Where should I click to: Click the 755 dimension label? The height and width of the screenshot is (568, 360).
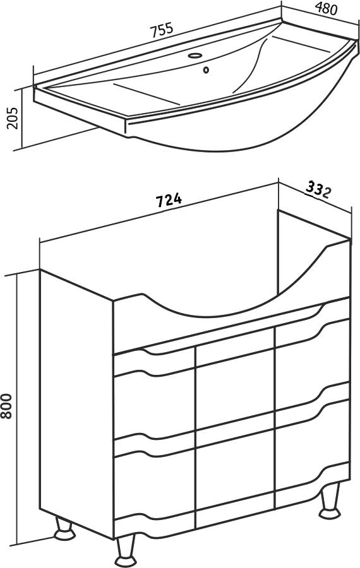pyautogui.click(x=162, y=30)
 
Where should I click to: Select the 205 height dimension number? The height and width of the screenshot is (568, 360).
pyautogui.click(x=13, y=118)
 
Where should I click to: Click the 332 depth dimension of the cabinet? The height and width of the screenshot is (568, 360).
pyautogui.click(x=318, y=189)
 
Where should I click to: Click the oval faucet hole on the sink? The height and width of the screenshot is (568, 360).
pyautogui.click(x=195, y=56)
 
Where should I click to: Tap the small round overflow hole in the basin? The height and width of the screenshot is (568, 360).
pyautogui.click(x=206, y=69)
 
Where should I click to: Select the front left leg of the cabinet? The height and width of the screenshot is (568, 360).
pyautogui.click(x=126, y=549)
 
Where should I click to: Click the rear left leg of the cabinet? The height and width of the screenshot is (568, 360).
pyautogui.click(x=64, y=530)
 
